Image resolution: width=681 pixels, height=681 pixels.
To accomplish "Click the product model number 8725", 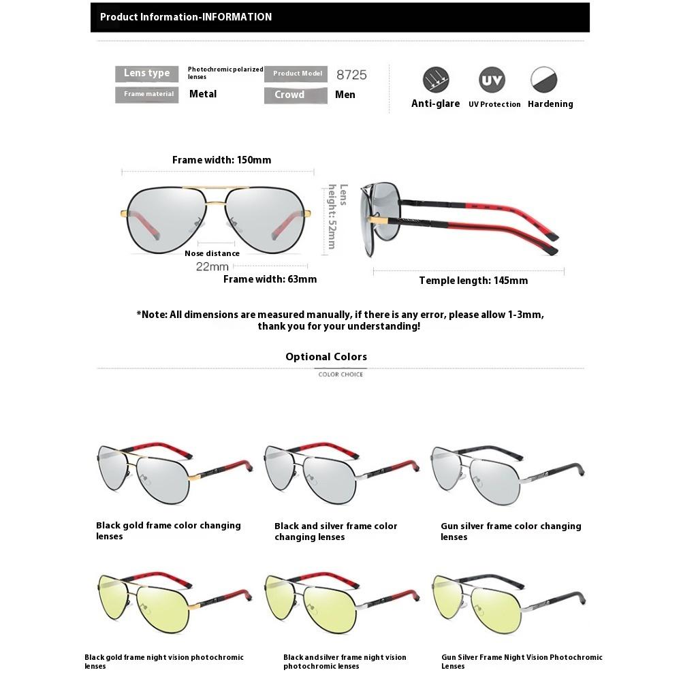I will (351, 74).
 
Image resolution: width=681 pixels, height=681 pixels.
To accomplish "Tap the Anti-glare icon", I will (435, 80).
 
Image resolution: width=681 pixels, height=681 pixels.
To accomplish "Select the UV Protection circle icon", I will (492, 80).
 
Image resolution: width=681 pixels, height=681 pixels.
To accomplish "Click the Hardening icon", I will (544, 80).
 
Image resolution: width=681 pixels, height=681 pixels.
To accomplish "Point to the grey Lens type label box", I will (147, 74).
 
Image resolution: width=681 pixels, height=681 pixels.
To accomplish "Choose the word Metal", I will (203, 94).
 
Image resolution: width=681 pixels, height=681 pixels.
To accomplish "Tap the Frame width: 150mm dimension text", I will (221, 160).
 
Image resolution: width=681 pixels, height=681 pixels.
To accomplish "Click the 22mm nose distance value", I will (212, 266).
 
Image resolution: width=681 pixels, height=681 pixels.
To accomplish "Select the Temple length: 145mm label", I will (473, 281).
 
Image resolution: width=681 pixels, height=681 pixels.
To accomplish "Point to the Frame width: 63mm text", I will (270, 279).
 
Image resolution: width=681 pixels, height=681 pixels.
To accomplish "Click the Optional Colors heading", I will (326, 357).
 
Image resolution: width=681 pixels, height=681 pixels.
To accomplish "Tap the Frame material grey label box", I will (147, 95).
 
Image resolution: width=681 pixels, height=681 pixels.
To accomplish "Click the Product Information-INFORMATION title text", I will (186, 17).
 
